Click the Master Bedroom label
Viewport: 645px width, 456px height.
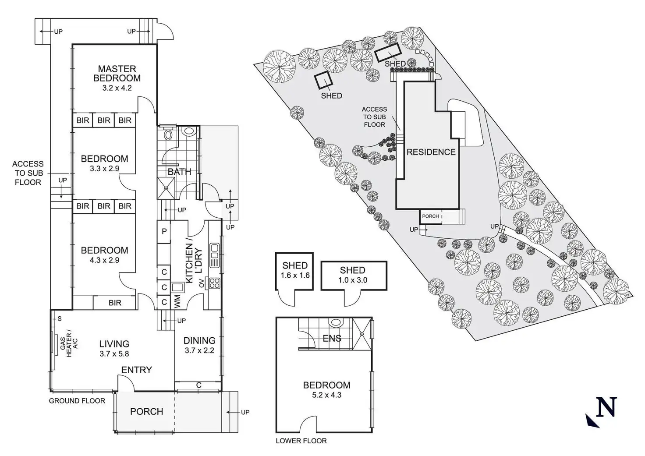coord(117,73)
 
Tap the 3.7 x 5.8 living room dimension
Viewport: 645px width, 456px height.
coord(114,354)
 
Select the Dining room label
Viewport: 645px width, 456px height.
coord(199,340)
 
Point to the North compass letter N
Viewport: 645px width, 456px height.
coord(607,407)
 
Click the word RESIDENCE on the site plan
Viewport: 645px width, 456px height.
coord(431,152)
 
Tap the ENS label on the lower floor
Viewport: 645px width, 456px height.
coord(332,338)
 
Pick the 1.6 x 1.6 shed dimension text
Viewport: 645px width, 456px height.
coord(295,275)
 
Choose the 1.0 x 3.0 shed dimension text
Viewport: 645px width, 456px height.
coord(353,280)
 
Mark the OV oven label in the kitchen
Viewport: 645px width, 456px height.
coord(201,283)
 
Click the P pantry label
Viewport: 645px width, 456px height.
coord(164,230)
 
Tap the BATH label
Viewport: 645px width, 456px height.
coord(179,172)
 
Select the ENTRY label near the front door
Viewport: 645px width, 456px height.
coord(136,370)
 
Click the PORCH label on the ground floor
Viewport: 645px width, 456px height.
coord(147,411)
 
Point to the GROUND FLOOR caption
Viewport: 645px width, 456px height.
coord(77,401)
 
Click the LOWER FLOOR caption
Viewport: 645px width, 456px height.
coord(301,441)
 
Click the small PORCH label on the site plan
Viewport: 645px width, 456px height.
coord(430,216)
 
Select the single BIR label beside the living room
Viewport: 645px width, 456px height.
coord(115,303)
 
